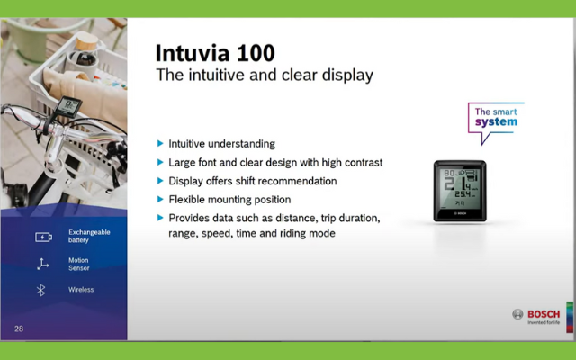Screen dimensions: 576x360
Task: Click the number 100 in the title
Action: [x=256, y=53]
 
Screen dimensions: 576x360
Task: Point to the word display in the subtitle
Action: [x=347, y=76]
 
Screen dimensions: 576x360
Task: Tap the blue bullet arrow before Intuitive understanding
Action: [x=160, y=143]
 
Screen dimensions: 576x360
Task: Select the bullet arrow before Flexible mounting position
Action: [x=160, y=199]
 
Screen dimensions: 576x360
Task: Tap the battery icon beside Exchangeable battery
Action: [x=43, y=238]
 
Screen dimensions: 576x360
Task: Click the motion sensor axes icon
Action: [x=42, y=264]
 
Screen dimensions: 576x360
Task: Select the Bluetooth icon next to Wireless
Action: [x=40, y=290]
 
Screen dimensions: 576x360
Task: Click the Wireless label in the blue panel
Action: [x=81, y=290]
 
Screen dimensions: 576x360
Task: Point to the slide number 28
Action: [x=19, y=328]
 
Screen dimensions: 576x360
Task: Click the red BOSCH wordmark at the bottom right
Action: [x=544, y=314]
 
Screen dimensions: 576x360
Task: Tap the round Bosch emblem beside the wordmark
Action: [x=517, y=314]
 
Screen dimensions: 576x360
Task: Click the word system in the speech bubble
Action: [x=496, y=122]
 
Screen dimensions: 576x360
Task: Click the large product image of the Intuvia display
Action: [x=460, y=191]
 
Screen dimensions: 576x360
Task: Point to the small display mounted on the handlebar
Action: [x=68, y=106]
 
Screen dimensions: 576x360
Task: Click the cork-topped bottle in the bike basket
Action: [x=85, y=55]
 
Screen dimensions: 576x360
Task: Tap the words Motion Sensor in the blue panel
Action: [x=78, y=264]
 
